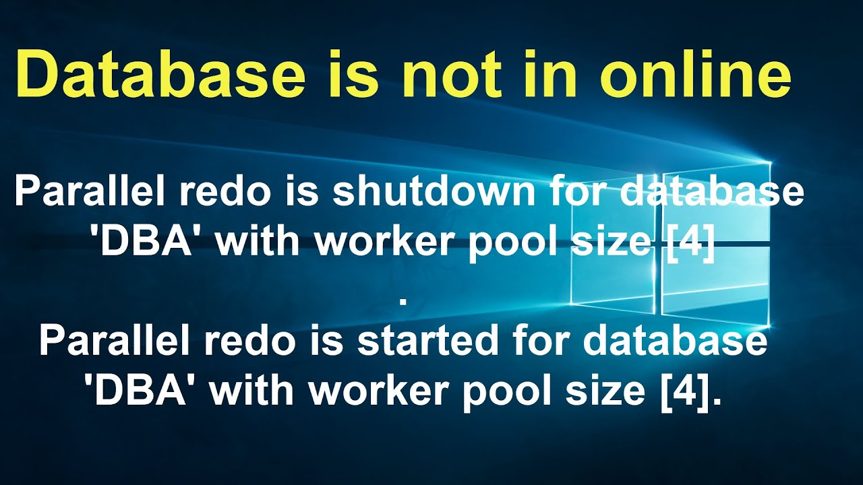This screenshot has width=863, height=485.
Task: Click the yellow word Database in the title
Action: pyautogui.click(x=160, y=76)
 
